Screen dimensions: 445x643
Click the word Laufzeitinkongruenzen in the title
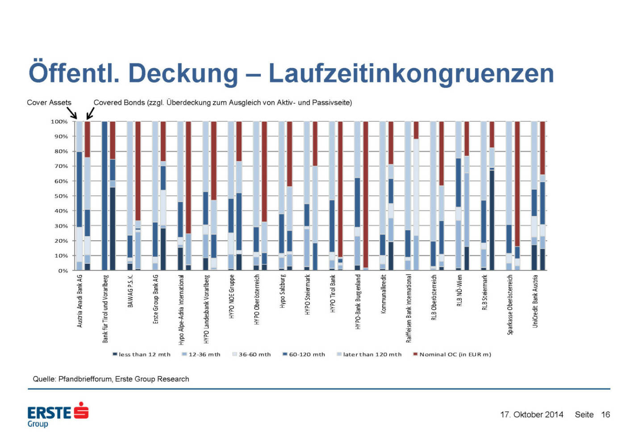tap(411, 73)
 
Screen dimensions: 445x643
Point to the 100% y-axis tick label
tap(59, 121)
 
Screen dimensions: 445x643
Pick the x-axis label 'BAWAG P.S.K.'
tap(130, 291)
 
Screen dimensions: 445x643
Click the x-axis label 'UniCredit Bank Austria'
tap(535, 301)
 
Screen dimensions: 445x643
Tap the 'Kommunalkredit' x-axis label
tap(383, 294)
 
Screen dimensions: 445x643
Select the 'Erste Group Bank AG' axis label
tap(155, 299)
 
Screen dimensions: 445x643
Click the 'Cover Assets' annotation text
tap(49, 103)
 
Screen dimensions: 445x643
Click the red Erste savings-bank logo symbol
tap(81, 410)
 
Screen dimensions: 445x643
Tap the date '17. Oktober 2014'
tap(531, 415)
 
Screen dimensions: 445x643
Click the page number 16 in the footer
tap(605, 415)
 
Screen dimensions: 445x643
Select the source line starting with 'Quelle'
tap(111, 379)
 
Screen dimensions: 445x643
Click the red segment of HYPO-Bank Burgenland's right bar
tap(366, 194)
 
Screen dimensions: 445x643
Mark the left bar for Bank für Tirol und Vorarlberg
tap(104, 195)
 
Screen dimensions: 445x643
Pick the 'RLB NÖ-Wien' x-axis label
tap(459, 290)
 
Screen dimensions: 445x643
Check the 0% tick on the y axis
tap(63, 270)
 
